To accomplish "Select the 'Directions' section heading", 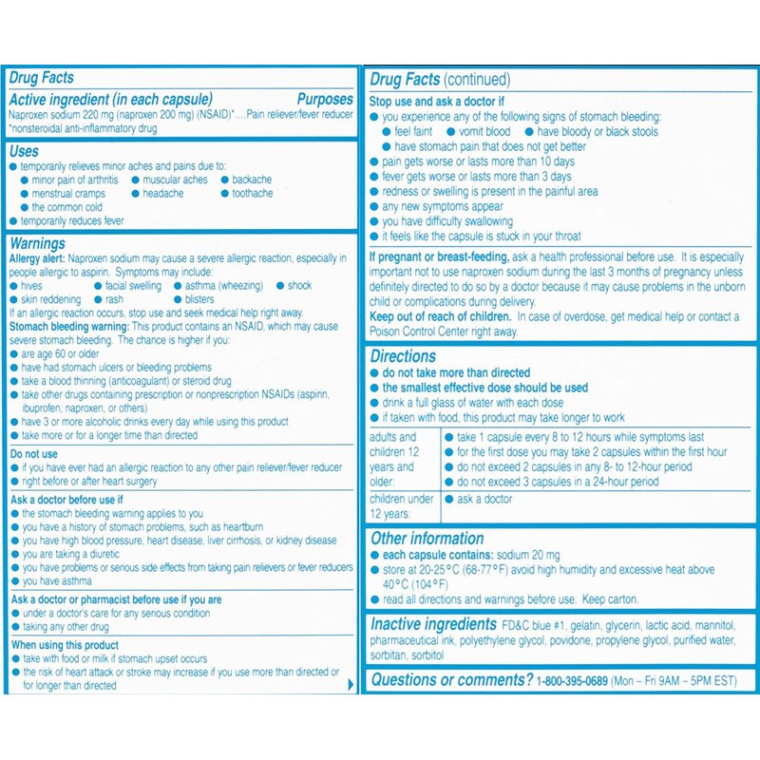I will coord(403,356).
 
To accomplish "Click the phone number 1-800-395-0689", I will coord(572,680).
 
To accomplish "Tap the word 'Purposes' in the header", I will coord(325,99).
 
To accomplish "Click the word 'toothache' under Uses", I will coord(252,193).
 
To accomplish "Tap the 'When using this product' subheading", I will coord(64,645).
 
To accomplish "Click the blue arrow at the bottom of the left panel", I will coord(352,683).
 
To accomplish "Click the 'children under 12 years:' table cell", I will coord(400,505).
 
